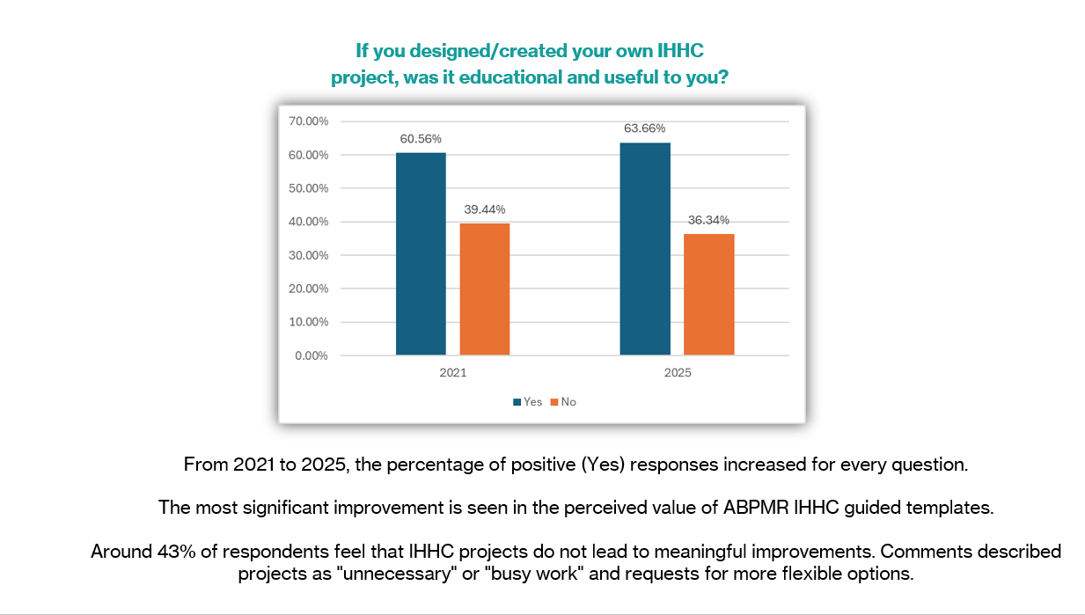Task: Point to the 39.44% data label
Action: [x=483, y=209]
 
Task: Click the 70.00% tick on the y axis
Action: [x=308, y=121]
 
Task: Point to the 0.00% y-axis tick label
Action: [x=311, y=355]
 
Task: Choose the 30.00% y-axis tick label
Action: [x=308, y=255]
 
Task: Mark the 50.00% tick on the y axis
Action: [x=308, y=188]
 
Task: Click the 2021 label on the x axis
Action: [x=453, y=373]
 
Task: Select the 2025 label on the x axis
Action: [x=678, y=373]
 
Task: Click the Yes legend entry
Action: [x=528, y=402]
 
